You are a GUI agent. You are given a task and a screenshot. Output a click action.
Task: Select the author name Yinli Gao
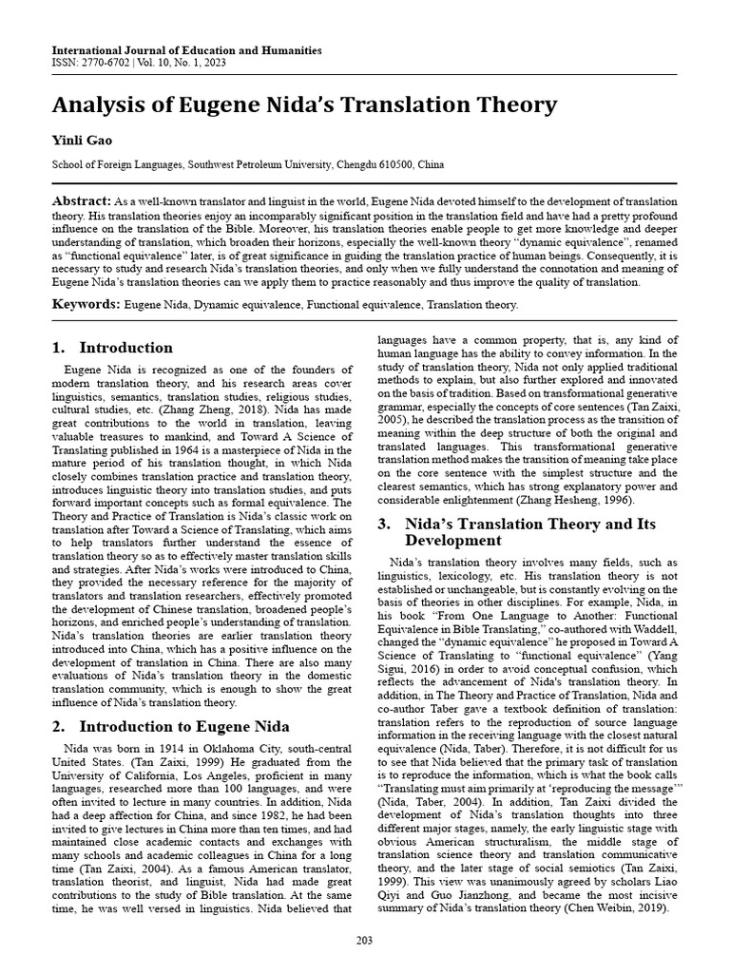pyautogui.click(x=75, y=140)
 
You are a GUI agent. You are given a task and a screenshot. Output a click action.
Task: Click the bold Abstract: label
pyautogui.click(x=81, y=201)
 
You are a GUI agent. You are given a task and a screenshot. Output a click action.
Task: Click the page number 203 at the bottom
pyautogui.click(x=365, y=940)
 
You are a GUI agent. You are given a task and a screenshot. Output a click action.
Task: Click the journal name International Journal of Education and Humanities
pyautogui.click(x=186, y=50)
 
